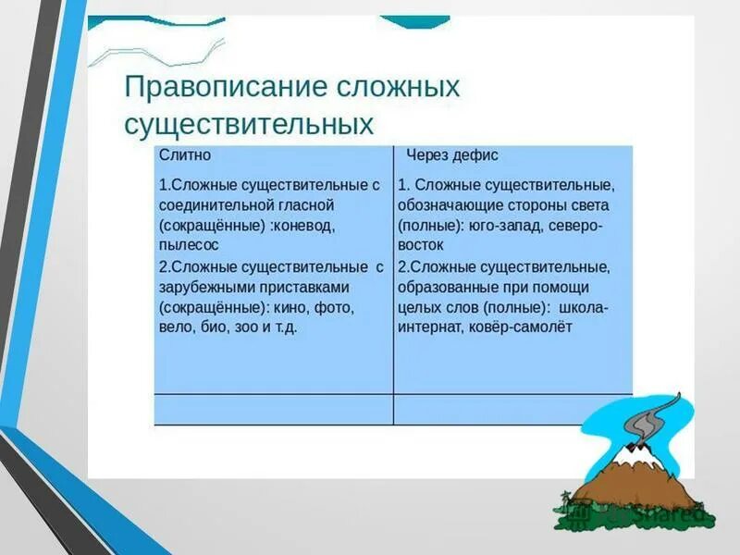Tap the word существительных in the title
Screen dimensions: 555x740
[249, 124]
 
